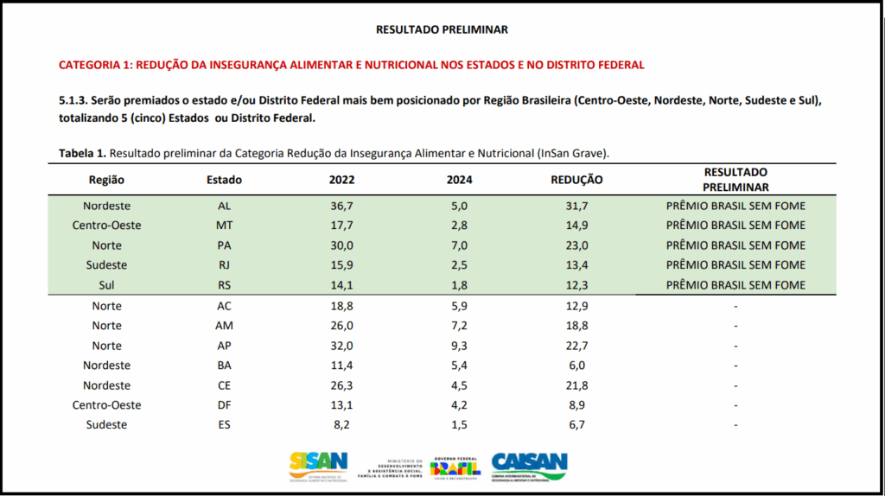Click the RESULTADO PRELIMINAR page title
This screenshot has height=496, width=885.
coord(442,29)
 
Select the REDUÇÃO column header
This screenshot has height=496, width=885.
coord(576,180)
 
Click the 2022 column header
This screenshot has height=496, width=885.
coord(341,180)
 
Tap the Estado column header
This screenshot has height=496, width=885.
coord(224,180)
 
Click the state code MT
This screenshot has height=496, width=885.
coord(224,226)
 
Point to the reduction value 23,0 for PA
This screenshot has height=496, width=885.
coord(576,245)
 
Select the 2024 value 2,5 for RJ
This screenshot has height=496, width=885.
coord(459,265)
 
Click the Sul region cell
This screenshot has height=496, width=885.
coord(107,285)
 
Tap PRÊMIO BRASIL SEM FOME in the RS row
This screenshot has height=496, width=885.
coord(735,285)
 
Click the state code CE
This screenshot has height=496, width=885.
coord(224,385)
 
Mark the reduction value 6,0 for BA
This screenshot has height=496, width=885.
coord(576,366)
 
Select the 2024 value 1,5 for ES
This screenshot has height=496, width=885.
coord(459,425)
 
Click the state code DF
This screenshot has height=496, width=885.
coord(224,405)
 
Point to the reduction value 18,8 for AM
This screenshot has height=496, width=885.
coord(576,326)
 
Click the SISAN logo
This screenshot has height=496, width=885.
coord(319,466)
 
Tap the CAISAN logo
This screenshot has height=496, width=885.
coord(529,466)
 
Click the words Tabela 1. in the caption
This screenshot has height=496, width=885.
coord(82,153)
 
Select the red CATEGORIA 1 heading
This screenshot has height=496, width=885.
coord(351,65)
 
